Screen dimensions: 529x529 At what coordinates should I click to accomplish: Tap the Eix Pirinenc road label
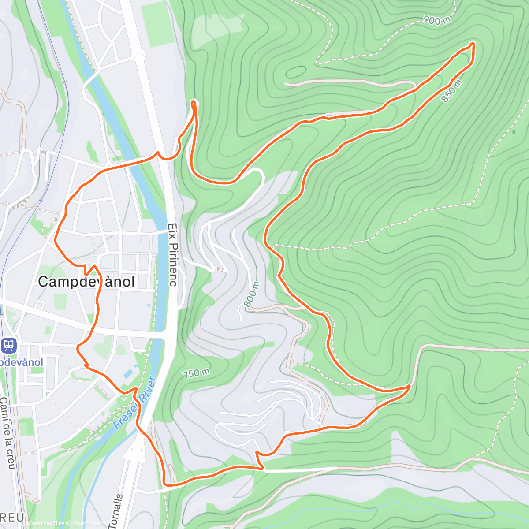tap(172, 254)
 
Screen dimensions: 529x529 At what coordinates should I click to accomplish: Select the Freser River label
tap(135, 403)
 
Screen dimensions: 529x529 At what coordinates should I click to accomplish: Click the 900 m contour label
tap(437, 20)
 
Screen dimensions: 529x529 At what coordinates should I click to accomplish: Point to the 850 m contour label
tap(452, 91)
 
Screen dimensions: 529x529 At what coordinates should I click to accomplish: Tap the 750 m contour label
tap(196, 373)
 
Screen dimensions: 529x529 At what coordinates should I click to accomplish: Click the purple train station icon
tap(8, 345)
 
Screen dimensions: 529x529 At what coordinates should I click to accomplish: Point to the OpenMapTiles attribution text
tap(44, 523)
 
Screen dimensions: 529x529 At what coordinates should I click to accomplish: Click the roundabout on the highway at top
tap(139, 55)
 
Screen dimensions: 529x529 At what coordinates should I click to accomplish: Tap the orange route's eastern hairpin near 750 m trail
tap(409, 387)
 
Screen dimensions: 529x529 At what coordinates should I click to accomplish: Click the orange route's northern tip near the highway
tap(193, 102)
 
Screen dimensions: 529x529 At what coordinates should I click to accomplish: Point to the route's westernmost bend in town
tap(55, 240)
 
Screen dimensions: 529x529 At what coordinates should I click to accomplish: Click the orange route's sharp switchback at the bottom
tap(262, 468)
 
